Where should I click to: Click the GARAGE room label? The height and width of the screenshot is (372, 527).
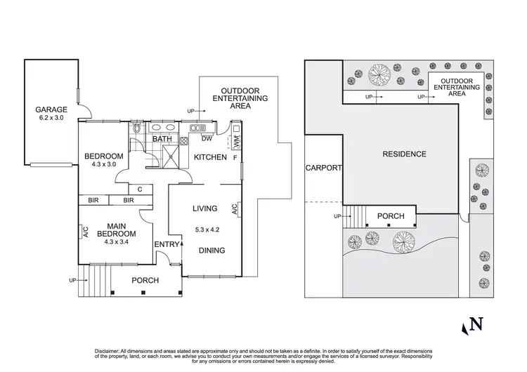tap(52, 109)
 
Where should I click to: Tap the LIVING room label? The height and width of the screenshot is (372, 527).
tap(204, 208)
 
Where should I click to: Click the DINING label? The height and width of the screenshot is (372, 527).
tap(211, 250)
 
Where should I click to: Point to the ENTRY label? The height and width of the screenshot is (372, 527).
tap(167, 244)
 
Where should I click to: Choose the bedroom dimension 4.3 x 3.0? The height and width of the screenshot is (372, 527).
tap(103, 166)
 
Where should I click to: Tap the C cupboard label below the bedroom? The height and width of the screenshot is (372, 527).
tap(141, 188)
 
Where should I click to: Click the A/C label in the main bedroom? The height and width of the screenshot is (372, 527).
tap(84, 232)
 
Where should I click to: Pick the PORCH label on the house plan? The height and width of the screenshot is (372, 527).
tap(145, 280)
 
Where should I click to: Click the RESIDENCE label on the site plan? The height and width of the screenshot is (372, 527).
tap(404, 154)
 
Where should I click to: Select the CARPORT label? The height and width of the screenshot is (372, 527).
tap(323, 168)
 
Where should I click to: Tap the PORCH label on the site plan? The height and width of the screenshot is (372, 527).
tap(391, 215)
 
